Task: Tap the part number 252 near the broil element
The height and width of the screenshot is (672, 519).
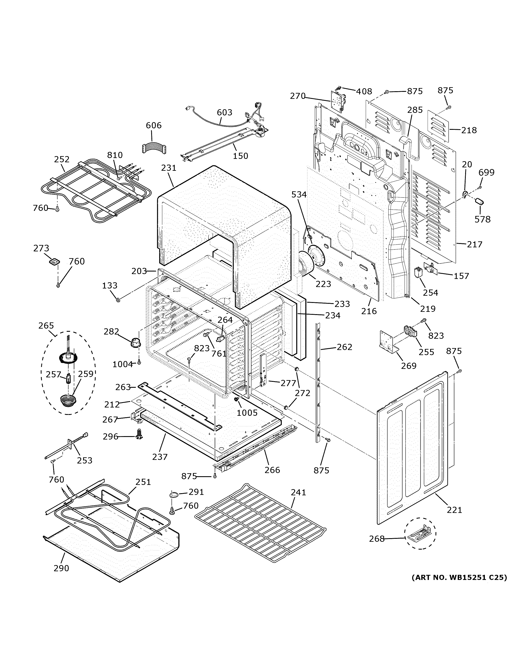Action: click(x=62, y=159)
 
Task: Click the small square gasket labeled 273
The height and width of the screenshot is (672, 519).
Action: click(x=54, y=262)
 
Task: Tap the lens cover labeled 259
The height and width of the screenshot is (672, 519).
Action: click(x=68, y=400)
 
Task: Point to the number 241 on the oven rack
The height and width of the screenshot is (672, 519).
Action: click(x=298, y=492)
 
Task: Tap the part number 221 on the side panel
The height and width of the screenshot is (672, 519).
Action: click(x=454, y=510)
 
